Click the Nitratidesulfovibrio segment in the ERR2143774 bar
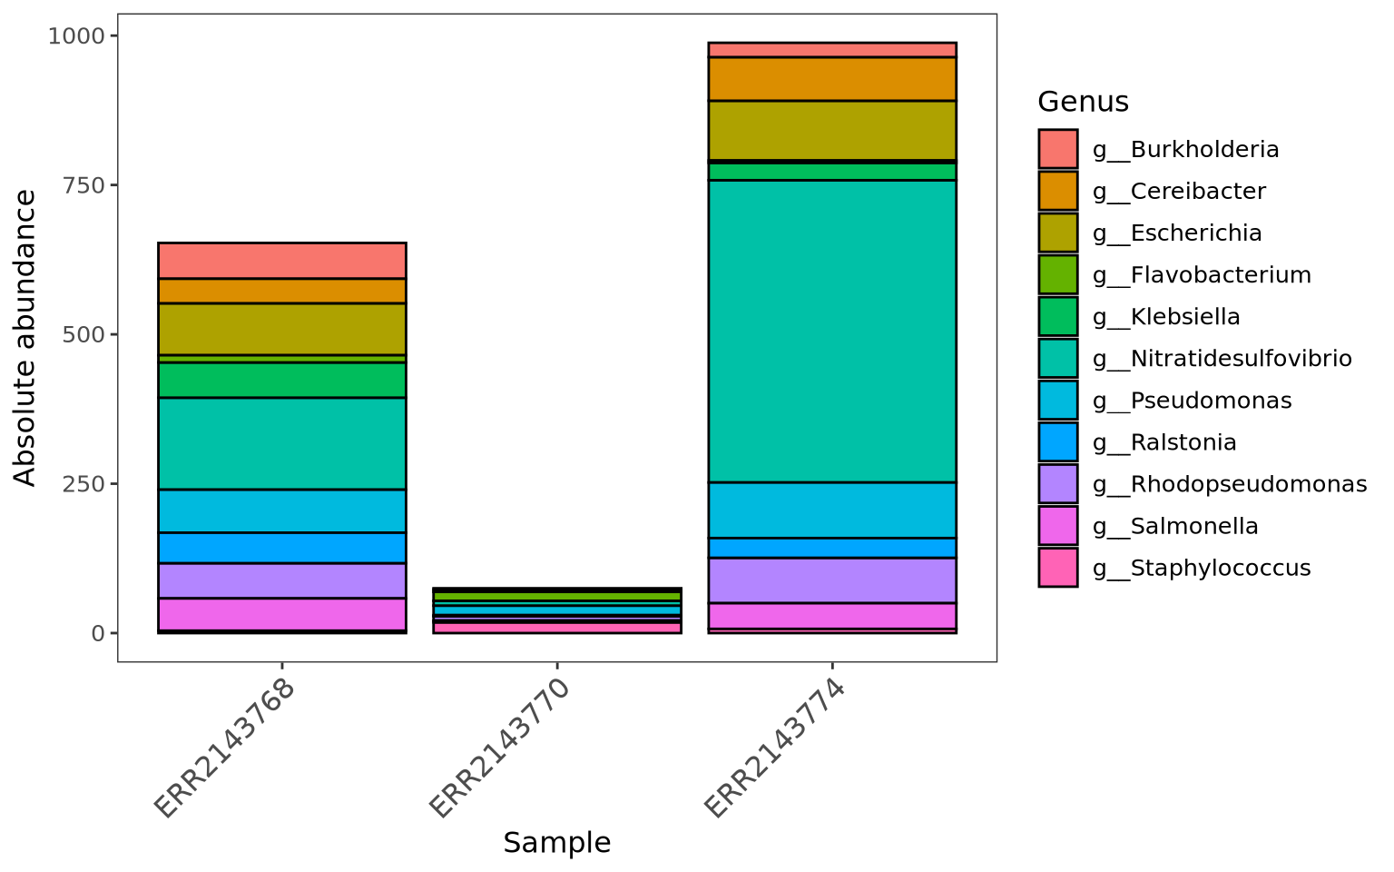pos(831,331)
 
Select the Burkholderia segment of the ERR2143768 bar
pos(281,261)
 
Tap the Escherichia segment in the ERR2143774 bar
pos(831,130)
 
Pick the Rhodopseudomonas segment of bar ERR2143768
pos(281,580)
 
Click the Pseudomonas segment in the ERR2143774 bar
pos(831,510)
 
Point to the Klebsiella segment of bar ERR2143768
pos(281,380)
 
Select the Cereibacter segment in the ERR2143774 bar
pos(831,79)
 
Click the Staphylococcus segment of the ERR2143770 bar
pos(557,627)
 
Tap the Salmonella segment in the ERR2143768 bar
pos(281,614)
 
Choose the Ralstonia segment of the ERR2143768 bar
pos(281,548)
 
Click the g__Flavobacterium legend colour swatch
pos(1058,274)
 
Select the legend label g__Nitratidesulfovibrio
pos(1222,359)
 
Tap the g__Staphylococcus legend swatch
pos(1058,568)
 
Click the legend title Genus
pos(1083,102)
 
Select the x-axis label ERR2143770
pos(501,748)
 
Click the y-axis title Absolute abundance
pos(25,338)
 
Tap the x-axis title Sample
pos(556,843)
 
